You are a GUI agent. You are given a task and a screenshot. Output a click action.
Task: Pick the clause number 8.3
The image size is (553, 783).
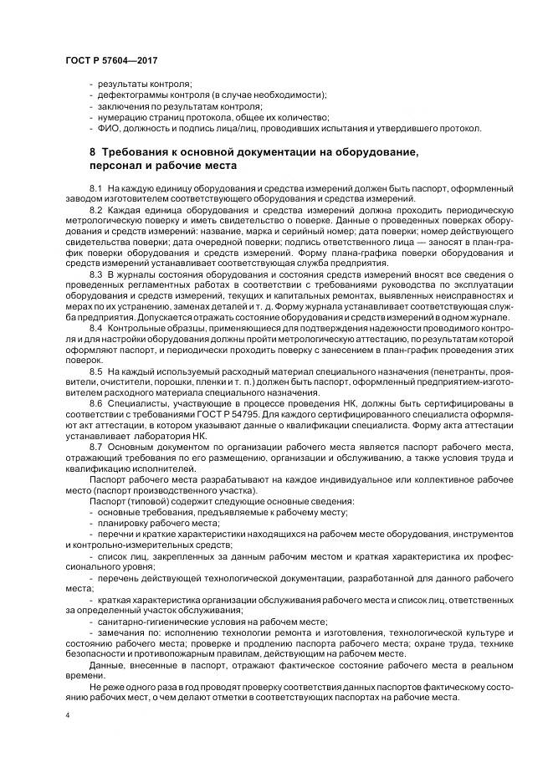click(95, 273)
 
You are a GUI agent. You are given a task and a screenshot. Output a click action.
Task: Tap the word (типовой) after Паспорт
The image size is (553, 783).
click(141, 500)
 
